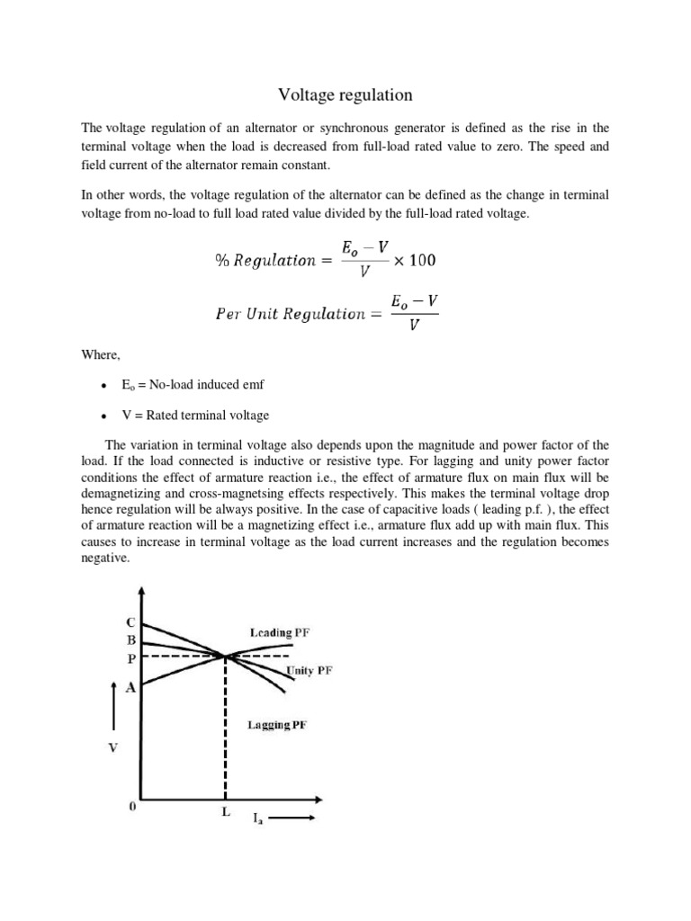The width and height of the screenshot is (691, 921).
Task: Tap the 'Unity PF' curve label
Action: point(309,671)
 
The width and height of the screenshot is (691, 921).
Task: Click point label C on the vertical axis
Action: point(130,622)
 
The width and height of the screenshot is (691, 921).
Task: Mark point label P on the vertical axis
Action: point(130,658)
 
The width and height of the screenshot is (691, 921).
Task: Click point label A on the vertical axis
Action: point(130,688)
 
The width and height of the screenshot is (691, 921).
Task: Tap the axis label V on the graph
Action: point(113,747)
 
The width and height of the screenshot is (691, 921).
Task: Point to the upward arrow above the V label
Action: point(112,704)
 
